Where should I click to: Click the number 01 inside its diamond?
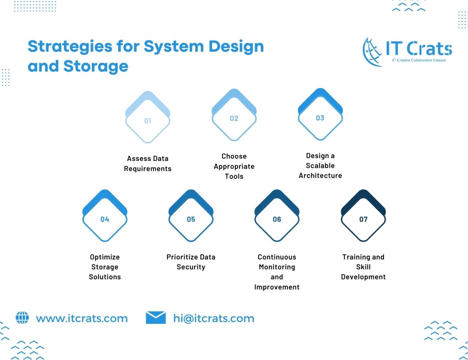[148, 121]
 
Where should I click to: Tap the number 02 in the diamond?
[234, 119]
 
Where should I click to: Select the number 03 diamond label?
[320, 118]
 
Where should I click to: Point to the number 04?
[105, 219]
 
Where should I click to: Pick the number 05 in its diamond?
[191, 219]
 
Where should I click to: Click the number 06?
[277, 219]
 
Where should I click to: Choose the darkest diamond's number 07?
[363, 219]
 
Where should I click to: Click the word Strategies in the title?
[70, 47]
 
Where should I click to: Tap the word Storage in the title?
[96, 67]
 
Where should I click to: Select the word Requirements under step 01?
[148, 169]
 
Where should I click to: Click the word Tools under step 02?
[234, 176]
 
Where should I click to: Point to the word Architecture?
[320, 175]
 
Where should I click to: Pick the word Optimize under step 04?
[105, 257]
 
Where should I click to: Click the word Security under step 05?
[191, 267]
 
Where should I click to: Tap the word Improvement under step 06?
[277, 287]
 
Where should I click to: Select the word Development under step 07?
[363, 277]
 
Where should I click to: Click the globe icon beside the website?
[22, 318]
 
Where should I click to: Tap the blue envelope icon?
[156, 317]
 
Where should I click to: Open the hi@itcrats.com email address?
[214, 318]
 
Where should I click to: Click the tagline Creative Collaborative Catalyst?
[419, 60]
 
